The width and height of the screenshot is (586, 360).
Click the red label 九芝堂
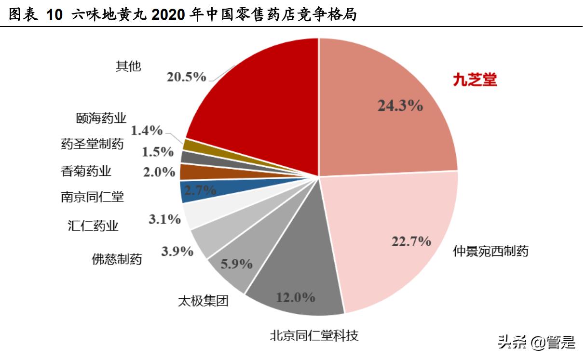click(475, 80)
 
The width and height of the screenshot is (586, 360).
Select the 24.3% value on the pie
click(400, 106)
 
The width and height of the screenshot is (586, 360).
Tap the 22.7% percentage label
click(411, 241)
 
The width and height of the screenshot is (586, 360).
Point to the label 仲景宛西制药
click(491, 251)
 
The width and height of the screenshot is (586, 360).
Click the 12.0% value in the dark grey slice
click(295, 297)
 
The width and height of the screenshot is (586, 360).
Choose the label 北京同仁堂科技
click(314, 335)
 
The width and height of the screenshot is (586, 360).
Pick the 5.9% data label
click(236, 264)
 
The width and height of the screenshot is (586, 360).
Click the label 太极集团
click(203, 302)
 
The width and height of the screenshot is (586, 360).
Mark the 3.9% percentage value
click(177, 251)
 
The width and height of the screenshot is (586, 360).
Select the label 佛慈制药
click(117, 259)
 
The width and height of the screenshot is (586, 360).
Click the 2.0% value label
click(159, 172)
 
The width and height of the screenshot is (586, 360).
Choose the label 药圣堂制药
click(92, 144)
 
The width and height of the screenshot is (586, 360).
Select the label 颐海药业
click(101, 118)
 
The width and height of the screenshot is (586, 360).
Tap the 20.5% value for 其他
click(186, 77)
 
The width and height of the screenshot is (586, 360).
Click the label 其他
click(128, 66)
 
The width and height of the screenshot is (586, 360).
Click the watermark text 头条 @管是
click(536, 343)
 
